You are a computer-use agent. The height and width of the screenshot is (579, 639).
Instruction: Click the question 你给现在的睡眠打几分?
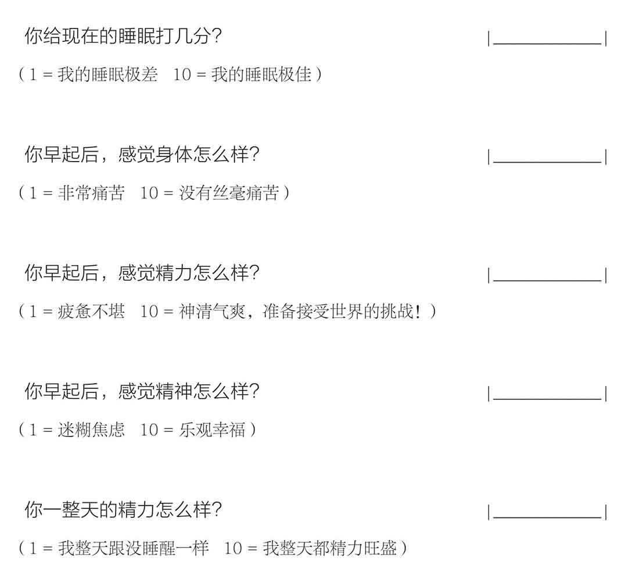[x=123, y=36]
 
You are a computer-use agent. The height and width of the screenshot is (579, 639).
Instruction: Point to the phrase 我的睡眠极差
[x=107, y=74]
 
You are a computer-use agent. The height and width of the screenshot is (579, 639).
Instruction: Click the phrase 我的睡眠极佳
[x=261, y=74]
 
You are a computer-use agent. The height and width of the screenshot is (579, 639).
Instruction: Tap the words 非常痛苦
[x=91, y=192]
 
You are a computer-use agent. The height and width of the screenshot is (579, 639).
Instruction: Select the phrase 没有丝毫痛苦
[x=229, y=192]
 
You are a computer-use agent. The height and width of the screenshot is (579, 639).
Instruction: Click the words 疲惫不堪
[x=91, y=311]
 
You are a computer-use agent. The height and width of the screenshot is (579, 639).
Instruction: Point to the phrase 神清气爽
[x=212, y=311]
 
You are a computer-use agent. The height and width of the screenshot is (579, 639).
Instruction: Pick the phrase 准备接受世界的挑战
[x=338, y=311]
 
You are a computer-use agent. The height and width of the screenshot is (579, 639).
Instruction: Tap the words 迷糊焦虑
[x=91, y=430]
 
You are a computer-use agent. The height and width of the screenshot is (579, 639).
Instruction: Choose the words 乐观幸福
[x=212, y=430]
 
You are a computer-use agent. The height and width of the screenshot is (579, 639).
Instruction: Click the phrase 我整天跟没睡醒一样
[x=133, y=548]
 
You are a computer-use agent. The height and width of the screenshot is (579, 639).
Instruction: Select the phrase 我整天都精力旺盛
[x=330, y=548]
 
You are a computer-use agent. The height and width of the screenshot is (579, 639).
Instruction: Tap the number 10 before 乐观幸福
[x=149, y=430]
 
